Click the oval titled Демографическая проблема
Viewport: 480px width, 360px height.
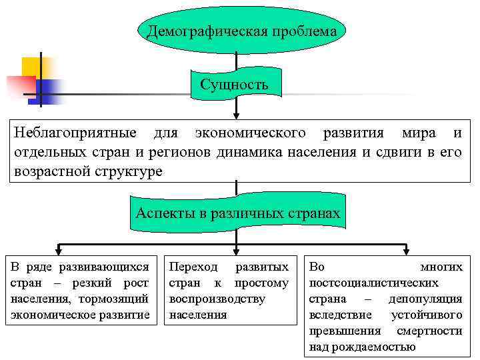tap(242, 31)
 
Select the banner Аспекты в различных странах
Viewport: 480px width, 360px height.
tap(237, 214)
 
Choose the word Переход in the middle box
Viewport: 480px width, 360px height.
tap(193, 267)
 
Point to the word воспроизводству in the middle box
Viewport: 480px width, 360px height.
tap(217, 299)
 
